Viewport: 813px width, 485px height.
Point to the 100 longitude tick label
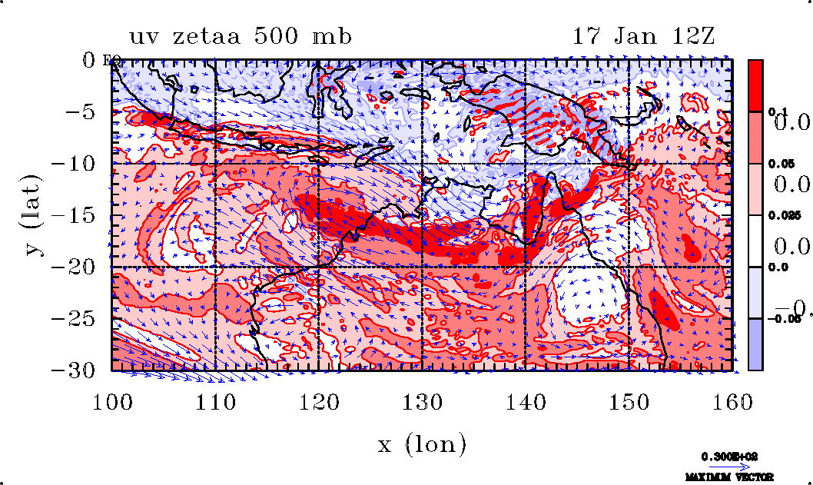113,402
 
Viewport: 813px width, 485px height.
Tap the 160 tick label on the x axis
731,402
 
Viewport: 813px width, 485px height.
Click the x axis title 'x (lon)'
421,444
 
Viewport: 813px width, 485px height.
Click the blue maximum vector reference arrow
728,466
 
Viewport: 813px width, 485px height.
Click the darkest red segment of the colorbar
756,85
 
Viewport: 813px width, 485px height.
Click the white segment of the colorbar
756,241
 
